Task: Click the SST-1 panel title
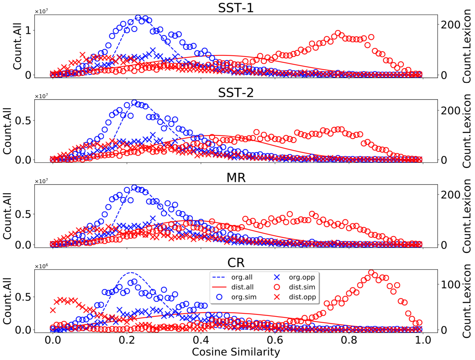[x=236, y=8]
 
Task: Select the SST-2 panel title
[x=236, y=93]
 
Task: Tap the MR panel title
[x=236, y=178]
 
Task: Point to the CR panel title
[x=236, y=263]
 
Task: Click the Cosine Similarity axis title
[x=236, y=352]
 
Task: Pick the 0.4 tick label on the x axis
[x=201, y=340]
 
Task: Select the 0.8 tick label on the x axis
[x=349, y=340]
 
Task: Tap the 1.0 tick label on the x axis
[x=423, y=340]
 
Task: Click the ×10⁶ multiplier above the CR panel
[x=41, y=266]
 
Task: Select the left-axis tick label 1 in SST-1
[x=28, y=30]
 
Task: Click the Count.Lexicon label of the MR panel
[x=467, y=216]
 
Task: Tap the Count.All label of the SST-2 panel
[x=7, y=131]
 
